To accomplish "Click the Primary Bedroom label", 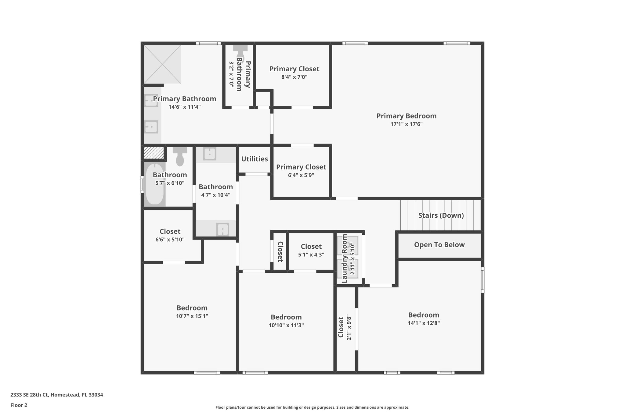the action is [406, 116].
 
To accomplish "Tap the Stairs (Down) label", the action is [441, 215].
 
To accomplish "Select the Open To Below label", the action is [439, 245].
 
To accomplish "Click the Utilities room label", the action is [255, 159].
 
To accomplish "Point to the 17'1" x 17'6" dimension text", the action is [406, 124].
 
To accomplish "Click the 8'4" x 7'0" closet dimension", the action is [294, 77].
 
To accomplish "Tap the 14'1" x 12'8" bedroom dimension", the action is [424, 323].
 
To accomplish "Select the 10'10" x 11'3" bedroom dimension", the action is [286, 325].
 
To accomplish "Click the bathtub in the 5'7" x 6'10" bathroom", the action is [154, 184].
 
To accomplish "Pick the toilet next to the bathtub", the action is [180, 156].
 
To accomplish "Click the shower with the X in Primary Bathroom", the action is [162, 64].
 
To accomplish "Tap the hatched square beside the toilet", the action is [154, 153].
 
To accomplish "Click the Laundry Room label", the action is [344, 258].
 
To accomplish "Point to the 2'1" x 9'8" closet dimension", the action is [349, 328].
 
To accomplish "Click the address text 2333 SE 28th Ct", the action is [29, 395].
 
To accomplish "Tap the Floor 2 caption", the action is [19, 405].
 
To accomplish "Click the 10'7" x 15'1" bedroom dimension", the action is [192, 316].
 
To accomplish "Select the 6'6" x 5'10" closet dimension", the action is [170, 240].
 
